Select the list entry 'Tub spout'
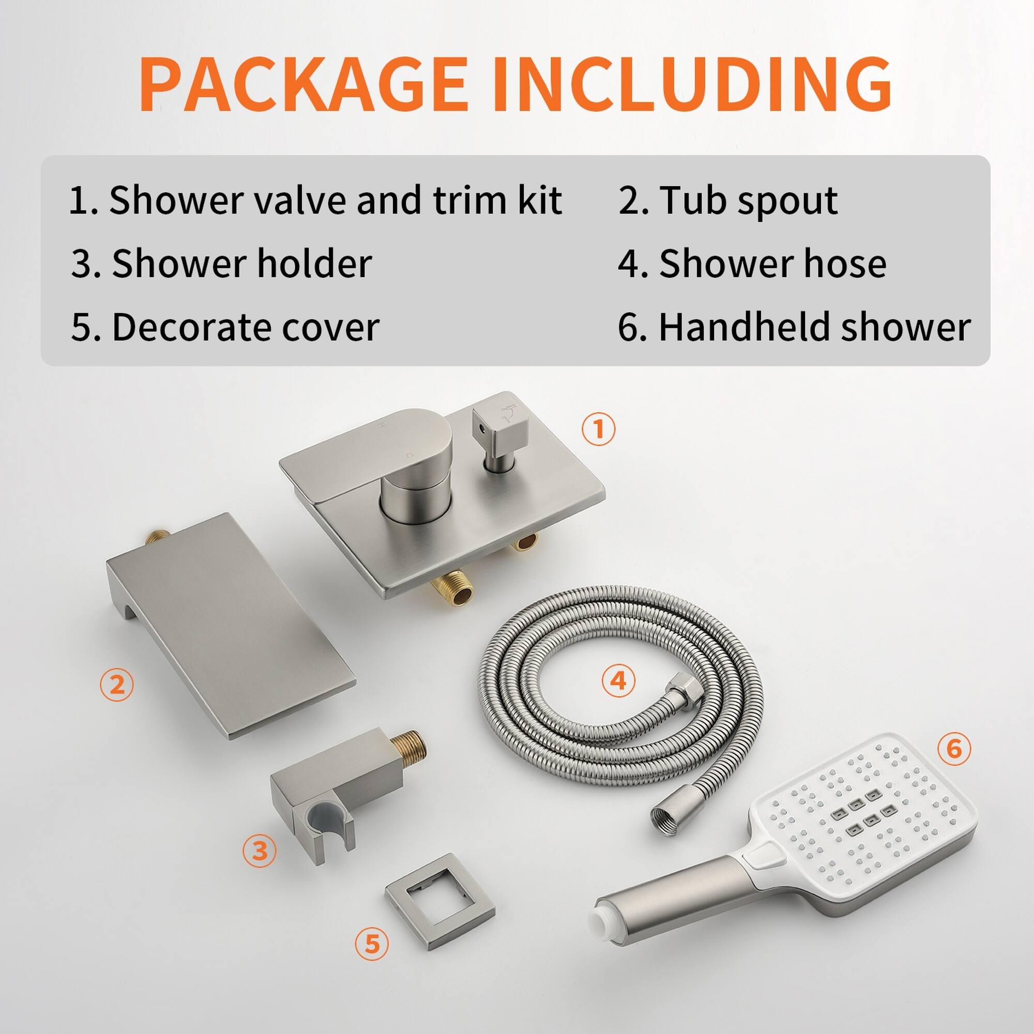(728, 201)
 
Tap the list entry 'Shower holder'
(222, 264)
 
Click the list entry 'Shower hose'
(752, 264)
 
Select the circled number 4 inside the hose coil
(618, 681)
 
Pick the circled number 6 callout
(954, 749)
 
